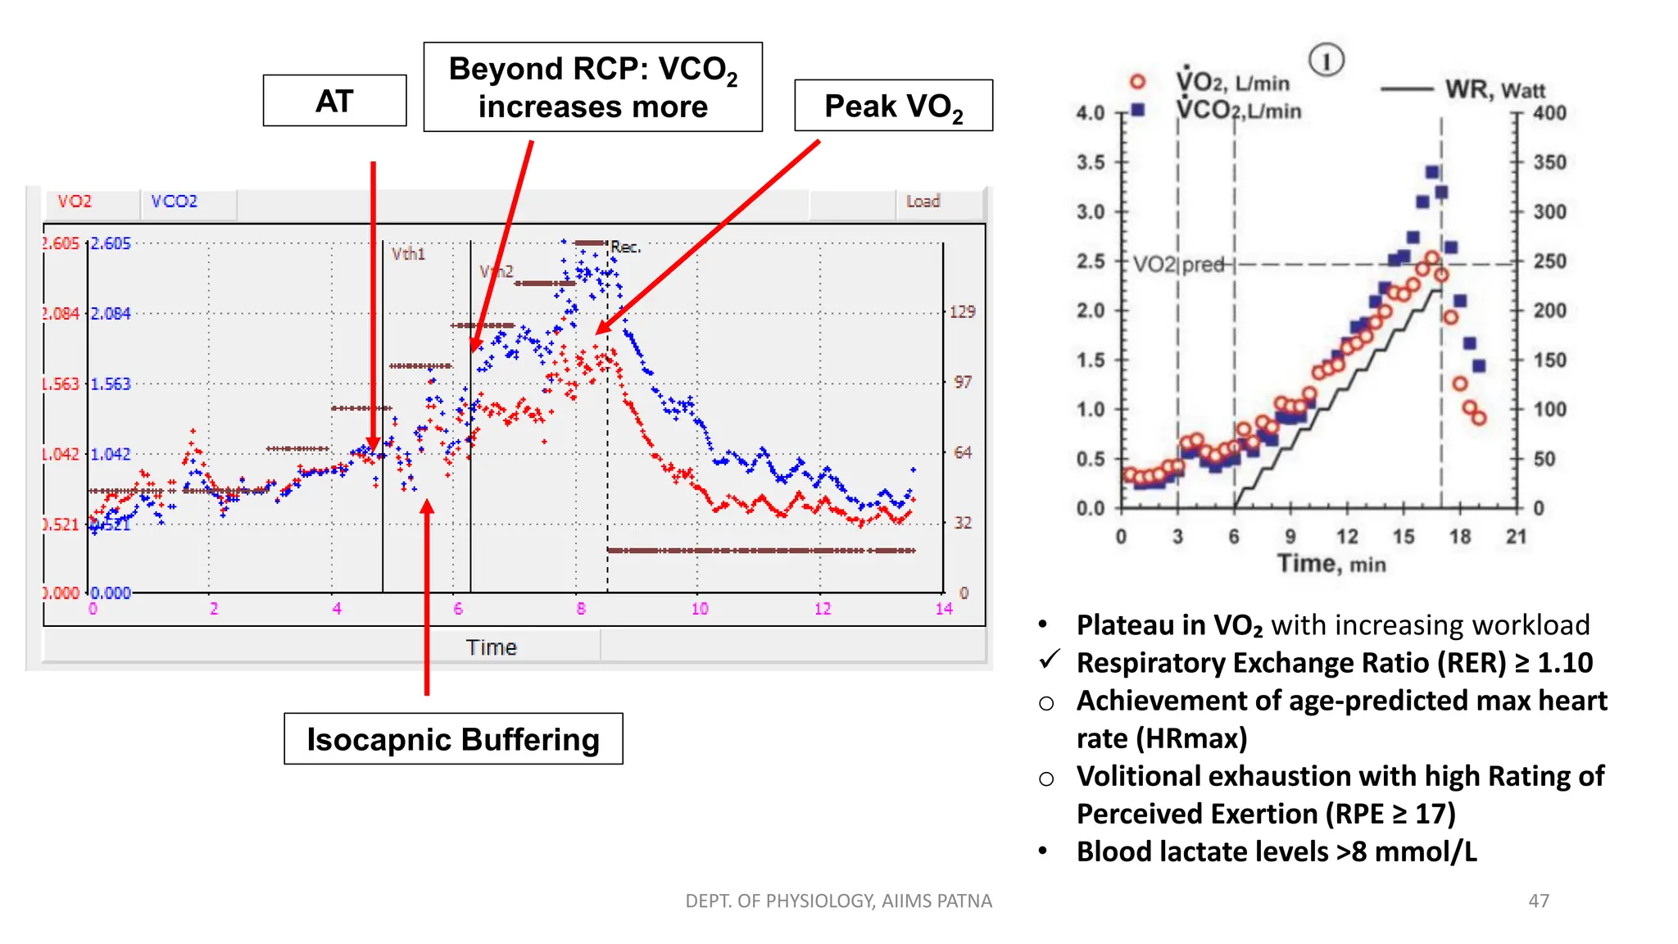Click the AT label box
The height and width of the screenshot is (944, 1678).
pos(334,101)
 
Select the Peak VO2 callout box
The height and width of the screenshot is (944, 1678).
pos(893,106)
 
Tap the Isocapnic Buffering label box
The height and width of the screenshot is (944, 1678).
pos(453,739)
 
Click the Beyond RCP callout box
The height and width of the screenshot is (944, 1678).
pos(592,88)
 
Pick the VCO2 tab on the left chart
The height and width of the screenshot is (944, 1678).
pos(174,202)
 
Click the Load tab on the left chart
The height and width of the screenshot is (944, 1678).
pos(923,202)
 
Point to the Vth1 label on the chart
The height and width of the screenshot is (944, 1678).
pos(408,254)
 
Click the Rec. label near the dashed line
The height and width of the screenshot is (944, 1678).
pos(626,247)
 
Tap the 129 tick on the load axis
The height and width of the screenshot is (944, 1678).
pos(962,311)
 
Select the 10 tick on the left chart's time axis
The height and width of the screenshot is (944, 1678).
pos(700,609)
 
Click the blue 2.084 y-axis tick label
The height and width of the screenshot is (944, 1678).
pos(111,314)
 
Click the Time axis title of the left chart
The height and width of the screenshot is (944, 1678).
pos(491,647)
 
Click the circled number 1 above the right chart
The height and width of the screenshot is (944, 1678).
pos(1326,61)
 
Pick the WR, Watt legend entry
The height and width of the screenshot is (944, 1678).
pos(1494,89)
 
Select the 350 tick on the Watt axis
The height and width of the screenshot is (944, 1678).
pos(1549,162)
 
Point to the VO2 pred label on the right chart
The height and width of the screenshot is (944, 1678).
pos(1179,265)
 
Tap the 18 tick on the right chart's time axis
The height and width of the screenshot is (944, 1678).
pos(1460,537)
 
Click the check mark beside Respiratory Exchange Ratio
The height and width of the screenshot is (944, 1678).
pos(1050,660)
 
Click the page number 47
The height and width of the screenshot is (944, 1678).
pos(1539,901)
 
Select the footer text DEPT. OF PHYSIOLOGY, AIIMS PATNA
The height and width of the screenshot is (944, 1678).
pos(838,901)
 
